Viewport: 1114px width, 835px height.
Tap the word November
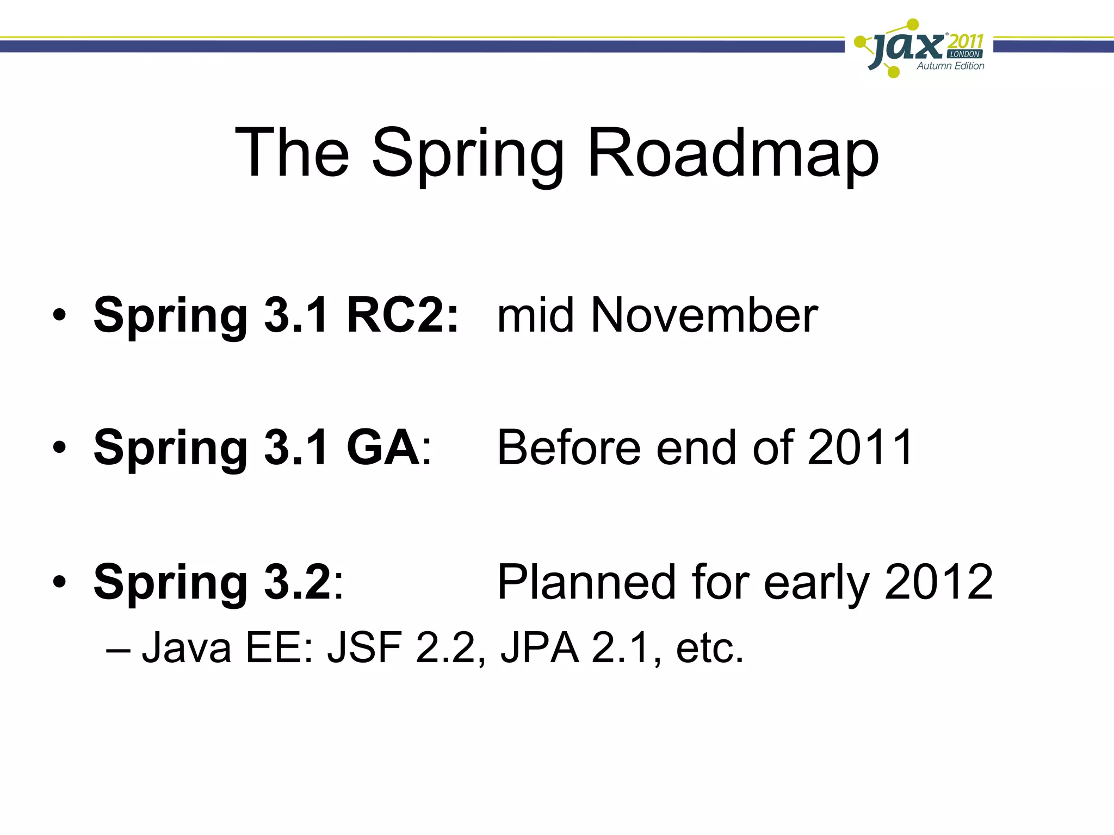[704, 316]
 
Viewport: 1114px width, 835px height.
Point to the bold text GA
[383, 448]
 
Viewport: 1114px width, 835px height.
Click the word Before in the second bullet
[569, 448]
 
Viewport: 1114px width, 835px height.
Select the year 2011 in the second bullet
[860, 448]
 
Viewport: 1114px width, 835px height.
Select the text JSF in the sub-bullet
[364, 648]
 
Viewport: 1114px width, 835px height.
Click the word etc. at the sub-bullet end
[709, 648]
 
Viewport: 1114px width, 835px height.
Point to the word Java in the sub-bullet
[187, 648]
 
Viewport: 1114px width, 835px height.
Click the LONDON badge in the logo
[964, 54]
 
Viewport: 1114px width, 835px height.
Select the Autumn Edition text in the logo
[950, 66]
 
